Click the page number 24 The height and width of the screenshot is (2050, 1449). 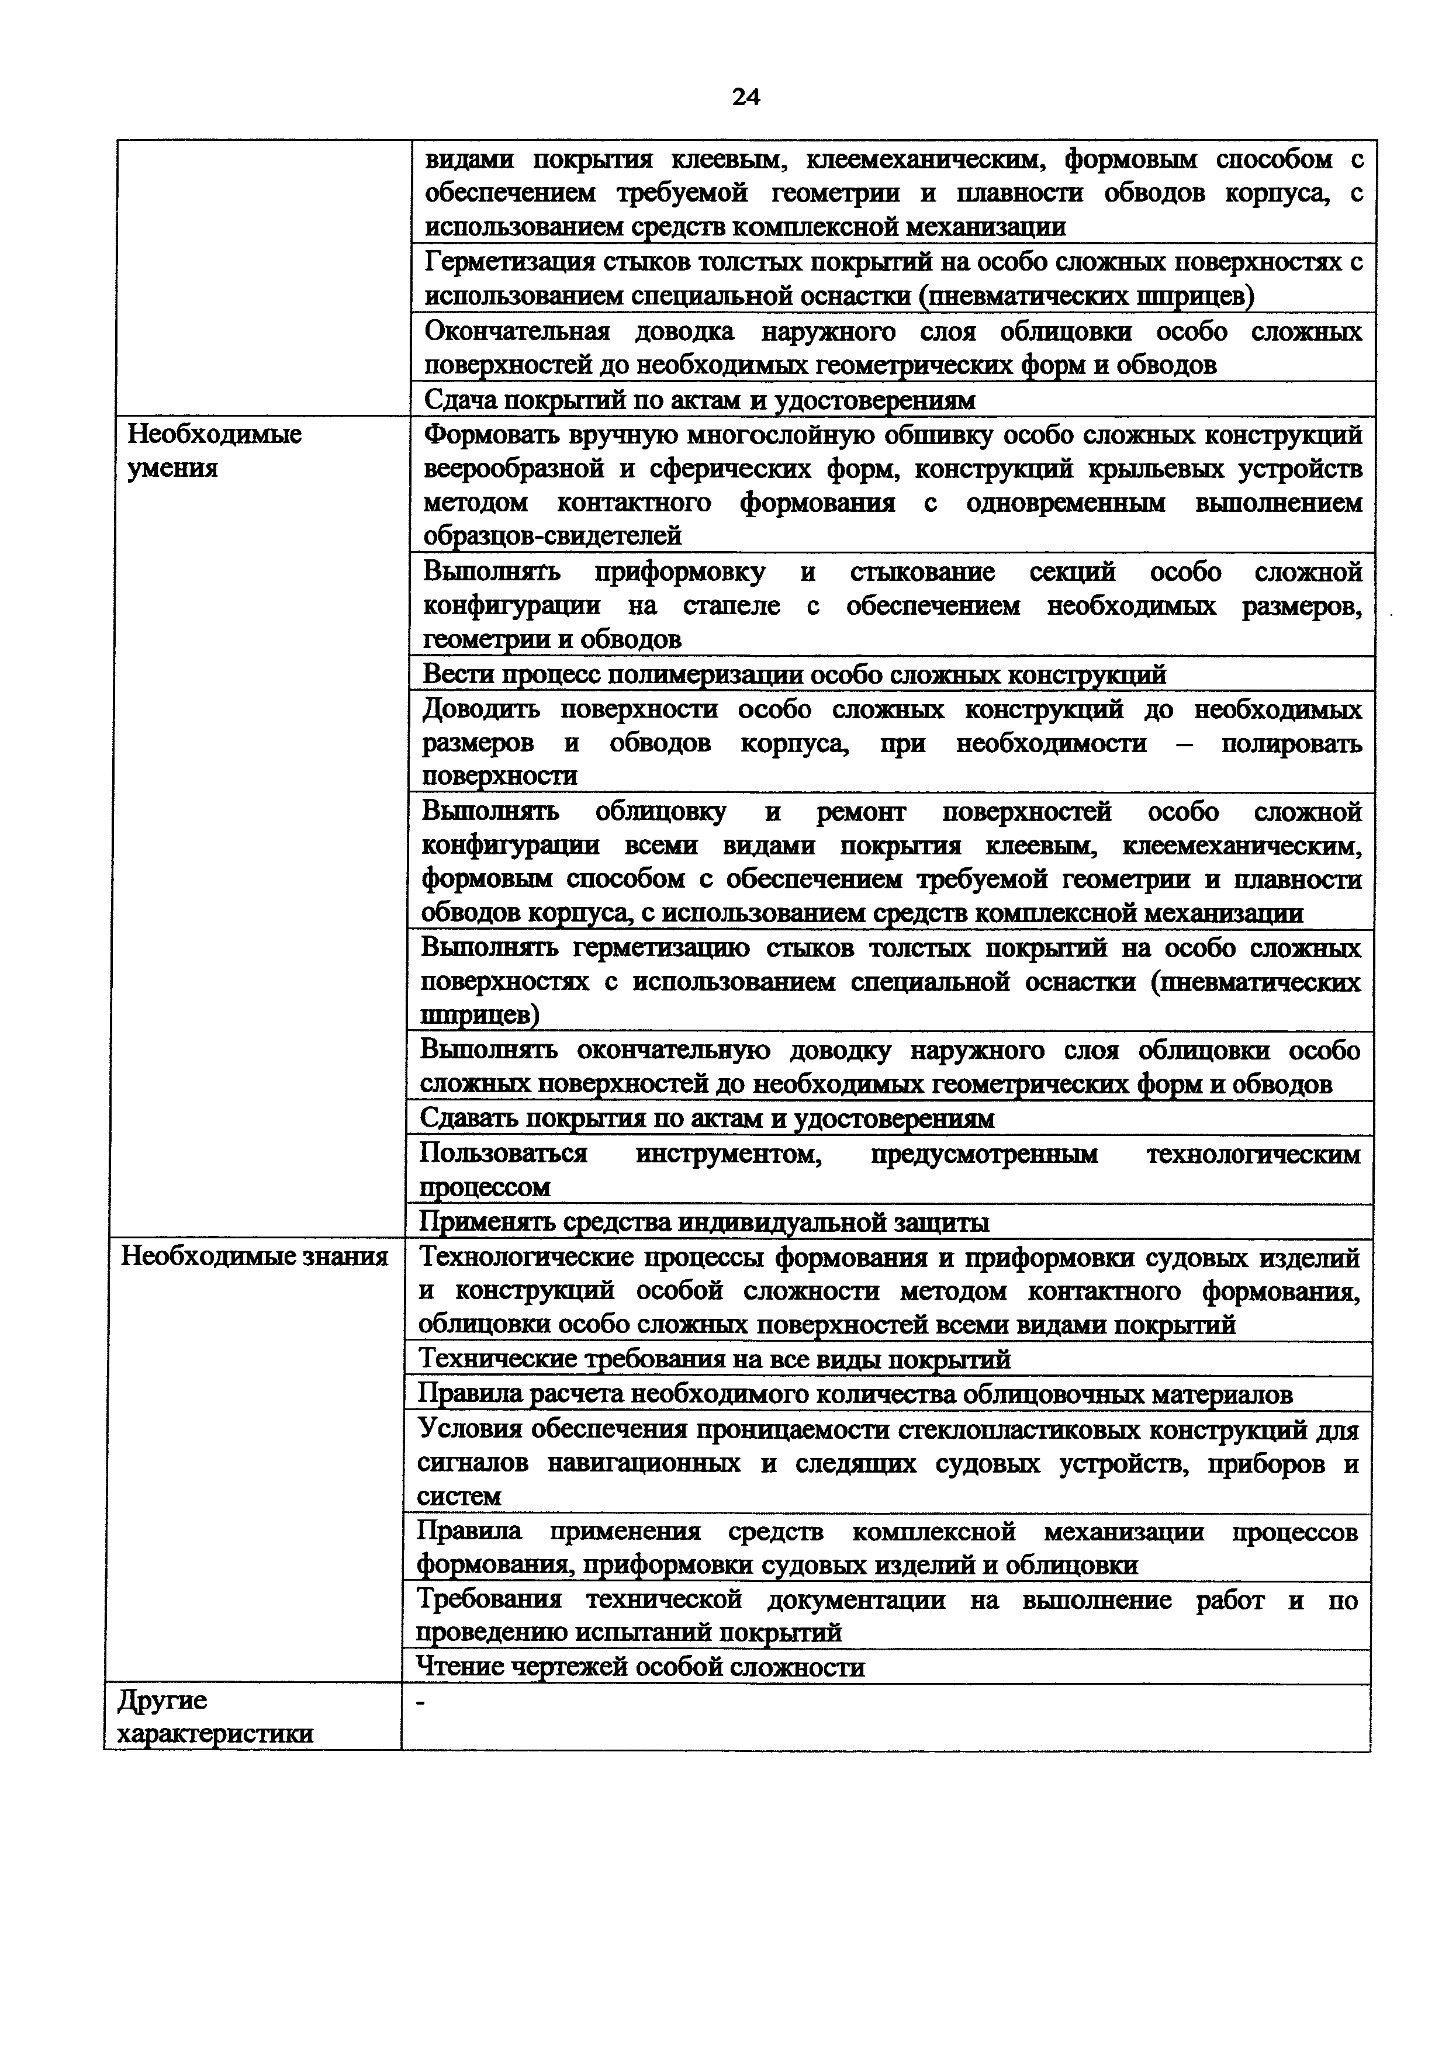pos(745,96)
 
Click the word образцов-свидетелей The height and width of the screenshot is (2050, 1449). pos(552,536)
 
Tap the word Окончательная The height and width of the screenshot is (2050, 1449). pos(517,331)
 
